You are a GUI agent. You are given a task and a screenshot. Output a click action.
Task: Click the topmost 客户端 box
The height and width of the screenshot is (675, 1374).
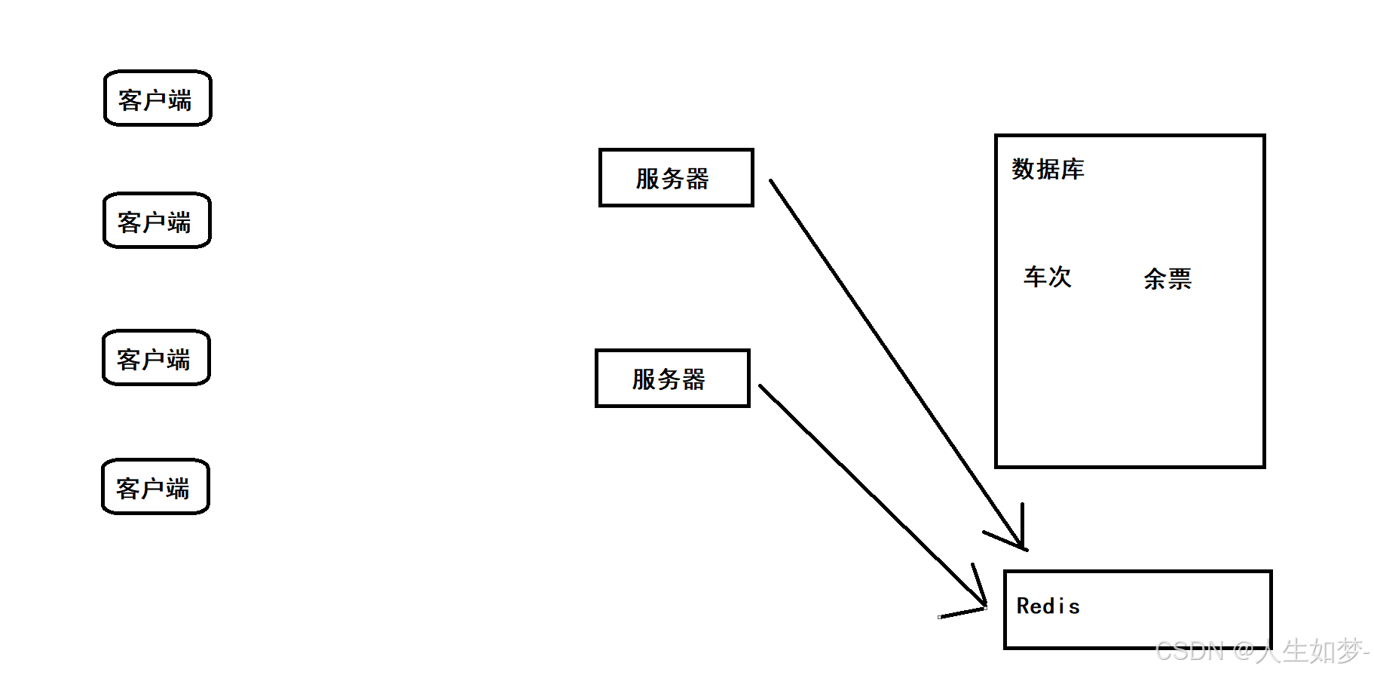[158, 98]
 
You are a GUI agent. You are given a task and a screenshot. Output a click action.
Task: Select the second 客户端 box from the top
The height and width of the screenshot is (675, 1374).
[157, 220]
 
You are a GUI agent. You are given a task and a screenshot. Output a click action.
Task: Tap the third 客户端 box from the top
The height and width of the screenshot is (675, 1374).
[156, 357]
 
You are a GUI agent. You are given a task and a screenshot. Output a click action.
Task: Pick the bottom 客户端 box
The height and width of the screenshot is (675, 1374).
[155, 486]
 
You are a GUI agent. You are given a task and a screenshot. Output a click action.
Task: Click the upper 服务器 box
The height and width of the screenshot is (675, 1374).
[676, 178]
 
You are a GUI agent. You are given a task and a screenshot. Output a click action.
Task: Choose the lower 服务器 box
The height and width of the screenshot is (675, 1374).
[672, 379]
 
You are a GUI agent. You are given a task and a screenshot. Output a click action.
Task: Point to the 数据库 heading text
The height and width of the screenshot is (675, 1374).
[1048, 169]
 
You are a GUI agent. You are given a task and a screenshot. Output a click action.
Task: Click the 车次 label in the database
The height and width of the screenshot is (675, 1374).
[1047, 277]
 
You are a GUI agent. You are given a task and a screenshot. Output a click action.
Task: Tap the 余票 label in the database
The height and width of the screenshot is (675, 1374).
[1167, 279]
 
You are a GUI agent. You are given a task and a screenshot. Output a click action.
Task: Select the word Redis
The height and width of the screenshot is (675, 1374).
[1048, 606]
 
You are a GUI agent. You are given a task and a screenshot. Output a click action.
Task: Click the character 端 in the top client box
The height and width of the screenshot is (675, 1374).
[180, 100]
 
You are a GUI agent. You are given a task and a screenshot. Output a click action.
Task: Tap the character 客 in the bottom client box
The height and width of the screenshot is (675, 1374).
[127, 489]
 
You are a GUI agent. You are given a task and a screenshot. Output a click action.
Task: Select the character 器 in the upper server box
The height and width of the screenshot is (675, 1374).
[697, 179]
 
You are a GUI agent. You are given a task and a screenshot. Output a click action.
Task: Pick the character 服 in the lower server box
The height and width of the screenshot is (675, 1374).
[644, 379]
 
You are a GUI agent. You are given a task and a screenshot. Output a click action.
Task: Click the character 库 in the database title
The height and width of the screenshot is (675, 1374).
[1073, 169]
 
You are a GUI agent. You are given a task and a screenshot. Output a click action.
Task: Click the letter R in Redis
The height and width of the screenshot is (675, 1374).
[1023, 606]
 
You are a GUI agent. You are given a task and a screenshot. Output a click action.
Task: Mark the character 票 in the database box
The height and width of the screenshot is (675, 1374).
[1180, 279]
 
